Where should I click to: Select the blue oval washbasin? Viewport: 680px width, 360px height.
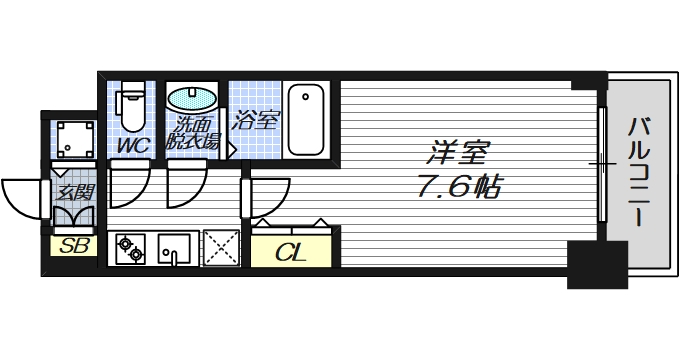point(190,100)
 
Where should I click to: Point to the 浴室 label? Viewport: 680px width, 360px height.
point(254,123)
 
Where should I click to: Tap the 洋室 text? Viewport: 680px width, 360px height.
point(461,155)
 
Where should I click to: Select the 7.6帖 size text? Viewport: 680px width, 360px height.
point(460,186)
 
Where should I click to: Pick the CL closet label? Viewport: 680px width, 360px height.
point(290,251)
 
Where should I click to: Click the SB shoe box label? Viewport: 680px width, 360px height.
point(72,246)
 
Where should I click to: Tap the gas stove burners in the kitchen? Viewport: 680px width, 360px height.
point(131,248)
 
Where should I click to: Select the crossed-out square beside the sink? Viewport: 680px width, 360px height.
point(221,247)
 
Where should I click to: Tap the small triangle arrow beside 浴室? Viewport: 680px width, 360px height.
point(231,151)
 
